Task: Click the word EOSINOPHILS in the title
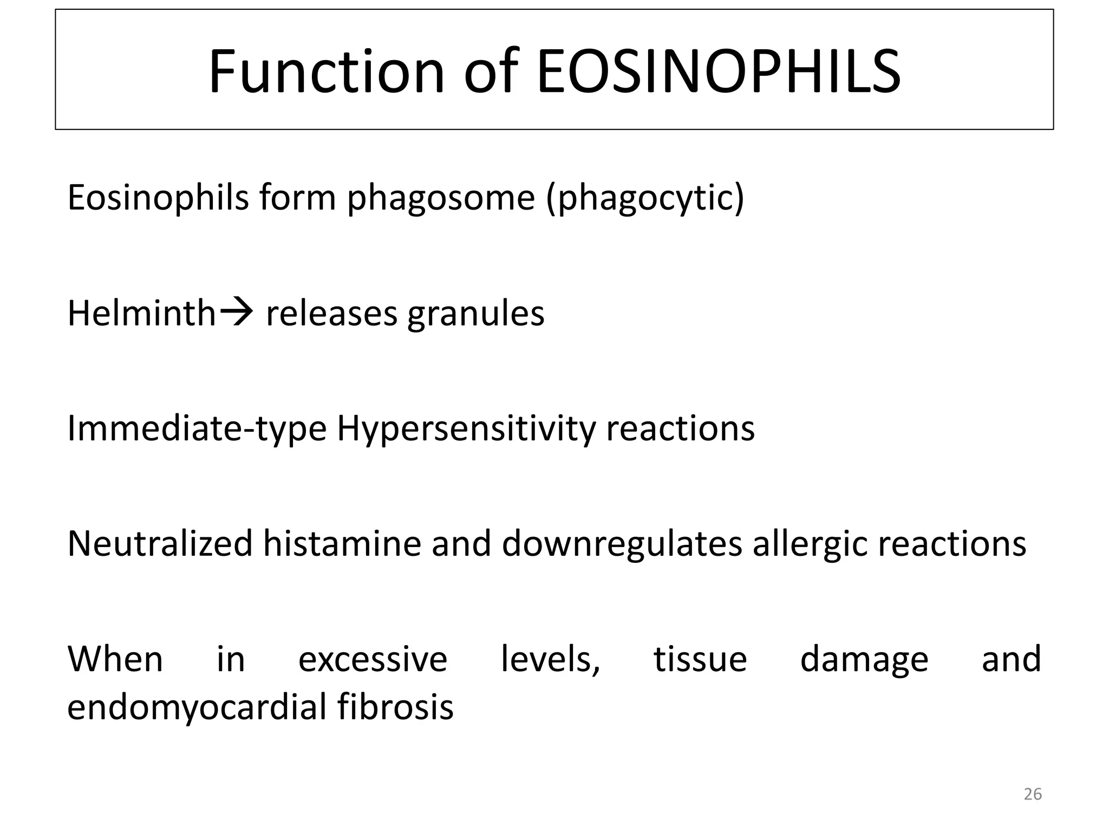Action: tap(719, 72)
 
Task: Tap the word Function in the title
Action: tap(327, 72)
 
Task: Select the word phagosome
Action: tap(441, 198)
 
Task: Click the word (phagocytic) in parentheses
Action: tap(645, 198)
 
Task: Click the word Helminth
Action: tap(141, 314)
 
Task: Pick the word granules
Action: tap(475, 315)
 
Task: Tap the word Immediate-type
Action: tap(197, 429)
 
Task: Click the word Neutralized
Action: tap(160, 544)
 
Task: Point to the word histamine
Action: tap(342, 544)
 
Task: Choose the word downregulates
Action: tap(622, 545)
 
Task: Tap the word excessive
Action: tap(373, 660)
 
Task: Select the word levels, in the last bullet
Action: tap(550, 660)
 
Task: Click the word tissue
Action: tap(700, 660)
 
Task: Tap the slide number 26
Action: tap(1033, 794)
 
